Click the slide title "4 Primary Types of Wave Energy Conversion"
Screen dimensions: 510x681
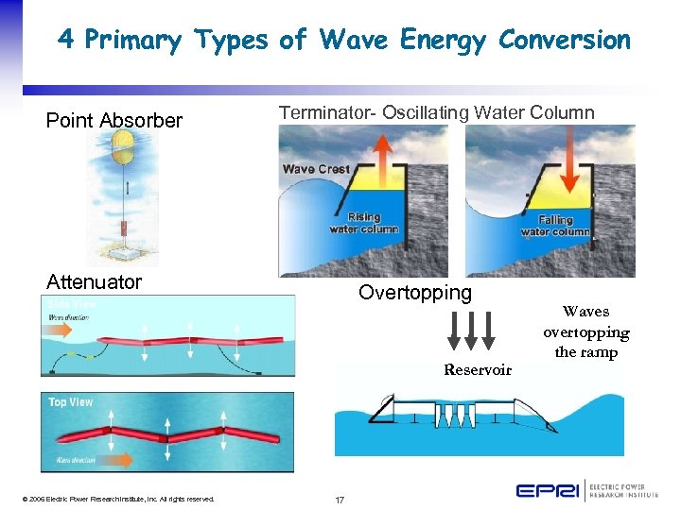[x=343, y=40]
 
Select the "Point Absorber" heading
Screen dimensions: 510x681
[x=113, y=120]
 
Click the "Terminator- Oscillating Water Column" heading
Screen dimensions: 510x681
[x=436, y=113]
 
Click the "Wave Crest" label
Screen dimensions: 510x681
[x=316, y=169]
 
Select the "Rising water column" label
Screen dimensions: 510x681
[x=363, y=223]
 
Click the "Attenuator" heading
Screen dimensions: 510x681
[x=94, y=281]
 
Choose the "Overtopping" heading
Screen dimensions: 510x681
[x=414, y=293]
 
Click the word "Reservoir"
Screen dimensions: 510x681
[x=478, y=369]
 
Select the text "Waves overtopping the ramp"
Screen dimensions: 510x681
[x=585, y=331]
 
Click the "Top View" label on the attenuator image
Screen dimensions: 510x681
[x=71, y=402]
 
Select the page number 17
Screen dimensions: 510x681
[x=340, y=499]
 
